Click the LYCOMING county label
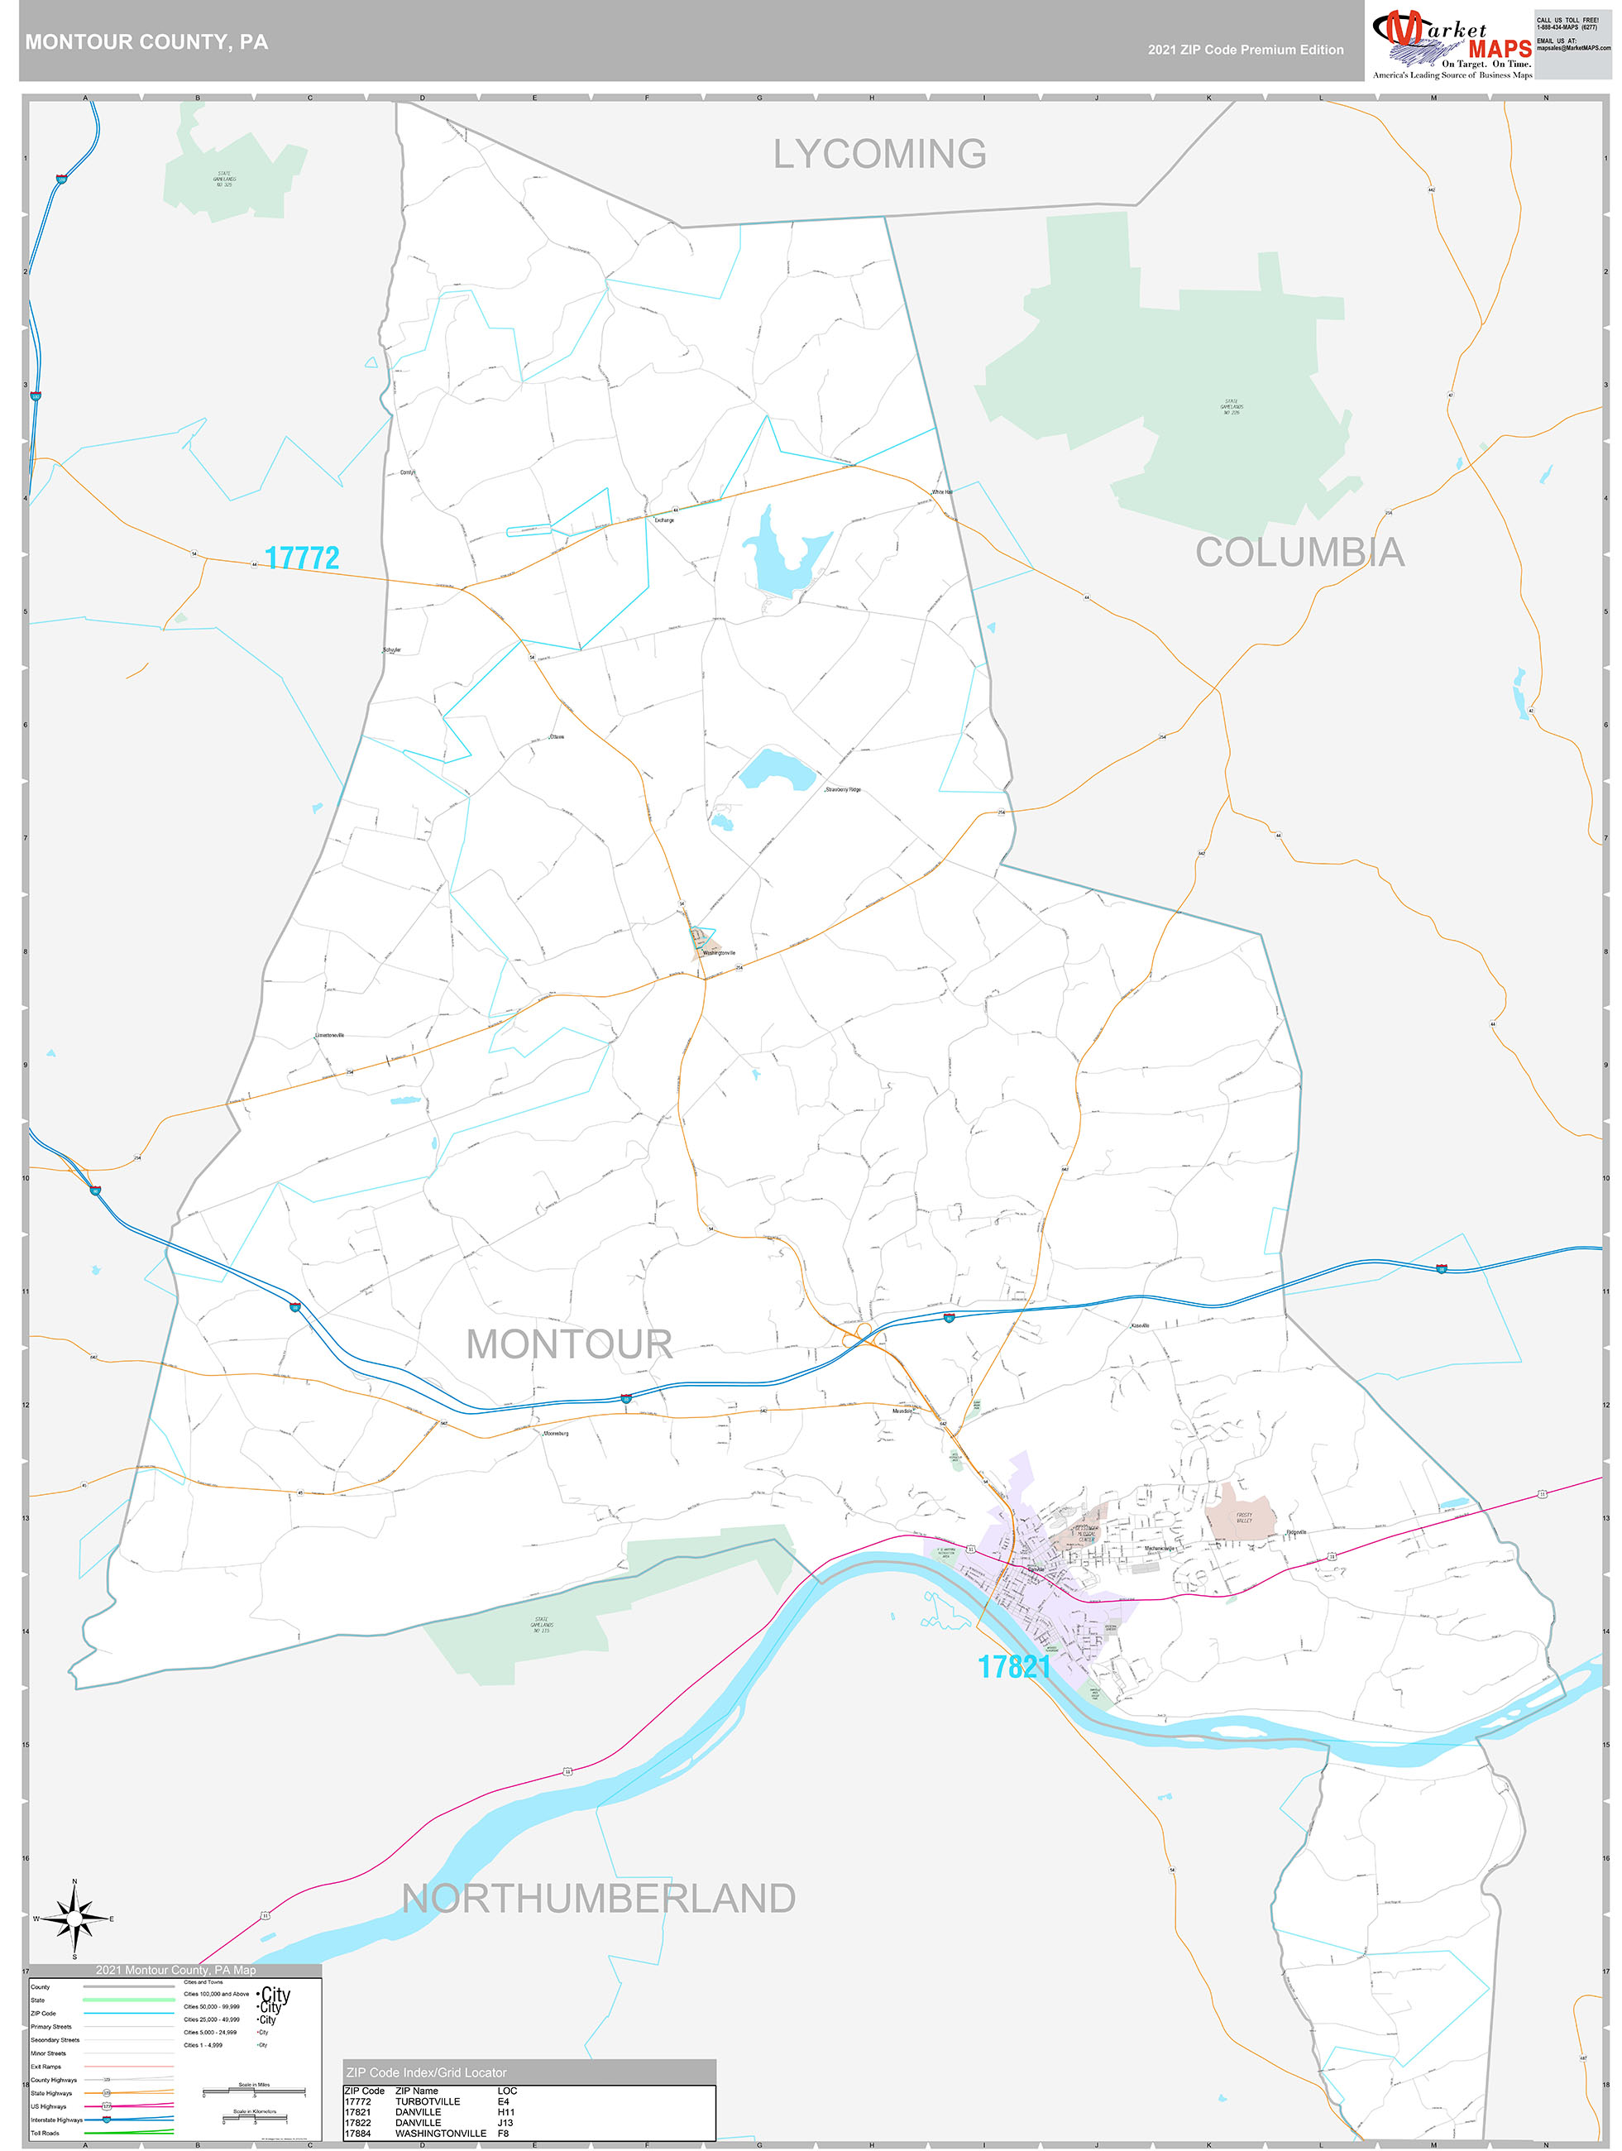pos(879,154)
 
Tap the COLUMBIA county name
pos(1299,553)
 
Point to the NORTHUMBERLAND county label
pos(599,1897)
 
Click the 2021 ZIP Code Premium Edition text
pos(1245,50)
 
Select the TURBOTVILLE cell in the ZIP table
pos(428,2101)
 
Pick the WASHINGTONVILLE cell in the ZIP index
pos(441,2133)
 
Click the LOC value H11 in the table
pos(505,2111)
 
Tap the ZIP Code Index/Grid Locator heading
pos(426,2072)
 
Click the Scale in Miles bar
pos(254,2091)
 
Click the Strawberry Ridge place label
pos(842,789)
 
